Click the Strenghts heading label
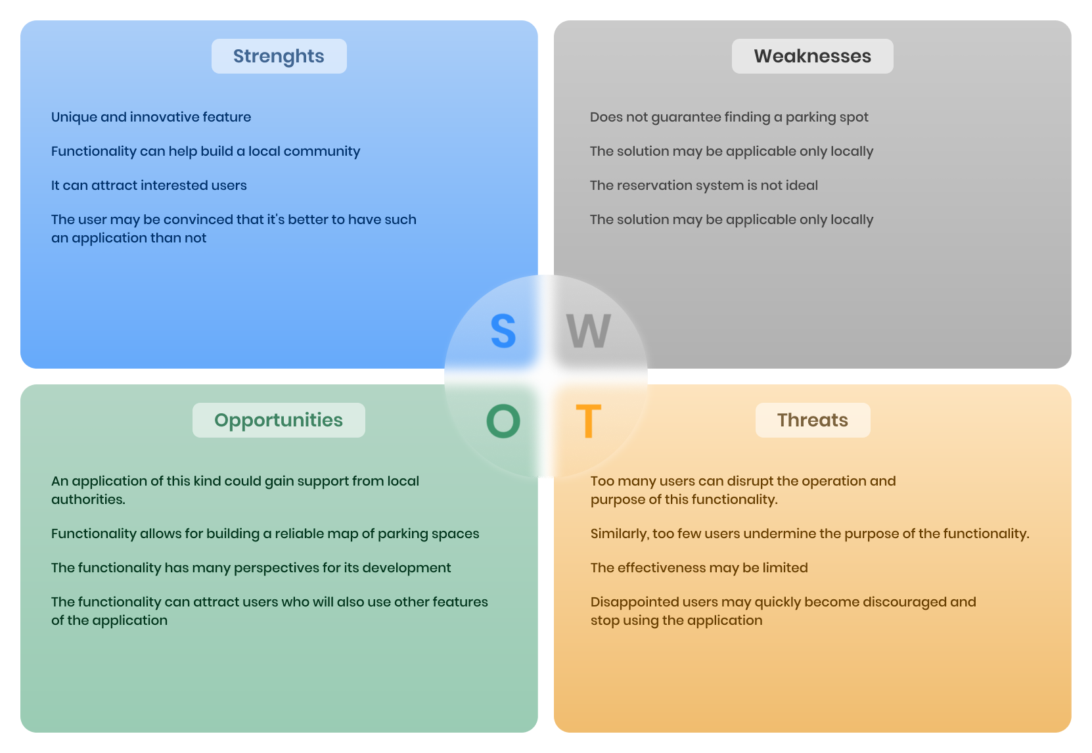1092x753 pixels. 279,57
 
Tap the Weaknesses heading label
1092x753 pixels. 812,57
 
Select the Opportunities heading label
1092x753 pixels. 279,421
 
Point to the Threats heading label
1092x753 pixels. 812,421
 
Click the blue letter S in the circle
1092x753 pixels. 503,331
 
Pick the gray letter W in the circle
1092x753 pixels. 588,331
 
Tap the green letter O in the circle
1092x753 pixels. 503,421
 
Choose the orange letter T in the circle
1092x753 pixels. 588,421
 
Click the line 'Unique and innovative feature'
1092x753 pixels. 151,117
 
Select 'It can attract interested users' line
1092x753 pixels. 149,185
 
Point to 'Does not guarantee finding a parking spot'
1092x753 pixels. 729,117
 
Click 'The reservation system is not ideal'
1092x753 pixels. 704,185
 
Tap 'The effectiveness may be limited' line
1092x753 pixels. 699,568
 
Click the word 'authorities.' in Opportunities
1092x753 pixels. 88,499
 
